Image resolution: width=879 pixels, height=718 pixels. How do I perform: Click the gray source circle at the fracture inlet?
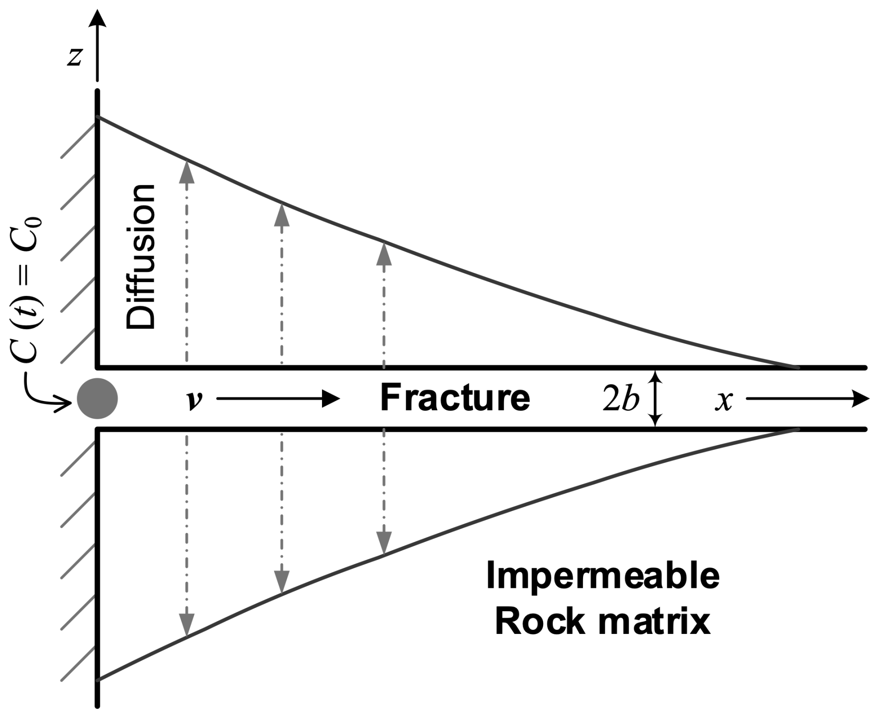(x=97, y=398)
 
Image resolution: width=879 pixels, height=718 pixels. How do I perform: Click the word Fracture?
(x=455, y=398)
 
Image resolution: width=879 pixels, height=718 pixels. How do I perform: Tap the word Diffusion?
(x=140, y=257)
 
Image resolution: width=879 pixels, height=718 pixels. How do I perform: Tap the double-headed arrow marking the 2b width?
(x=655, y=398)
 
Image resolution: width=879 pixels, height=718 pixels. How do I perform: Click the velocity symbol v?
(x=194, y=400)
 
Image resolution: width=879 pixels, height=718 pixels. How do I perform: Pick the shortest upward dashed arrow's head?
(x=384, y=253)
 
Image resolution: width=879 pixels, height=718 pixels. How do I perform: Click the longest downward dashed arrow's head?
(x=187, y=623)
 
